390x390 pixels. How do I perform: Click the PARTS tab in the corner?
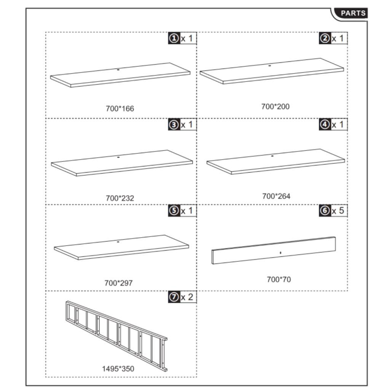tap(353, 13)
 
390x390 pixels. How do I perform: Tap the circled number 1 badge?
tap(174, 38)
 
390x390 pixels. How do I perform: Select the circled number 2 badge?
tap(324, 38)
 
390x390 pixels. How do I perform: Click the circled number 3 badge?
tap(174, 125)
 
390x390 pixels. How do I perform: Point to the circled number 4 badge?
tap(324, 125)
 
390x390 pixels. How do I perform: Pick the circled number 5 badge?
tap(174, 211)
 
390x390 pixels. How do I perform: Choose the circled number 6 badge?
tap(324, 211)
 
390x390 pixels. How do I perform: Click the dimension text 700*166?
tap(120, 109)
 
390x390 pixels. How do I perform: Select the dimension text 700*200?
tap(275, 107)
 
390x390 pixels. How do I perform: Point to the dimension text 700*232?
tap(120, 198)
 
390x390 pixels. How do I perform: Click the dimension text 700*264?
tap(276, 196)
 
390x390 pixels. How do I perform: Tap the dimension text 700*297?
tap(118, 283)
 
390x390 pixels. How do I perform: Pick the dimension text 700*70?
tap(279, 280)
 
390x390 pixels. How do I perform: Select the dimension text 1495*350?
tap(118, 369)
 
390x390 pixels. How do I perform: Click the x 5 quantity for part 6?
tap(339, 211)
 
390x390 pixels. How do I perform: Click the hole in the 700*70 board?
tap(280, 252)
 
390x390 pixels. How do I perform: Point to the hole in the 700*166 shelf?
tap(118, 70)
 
